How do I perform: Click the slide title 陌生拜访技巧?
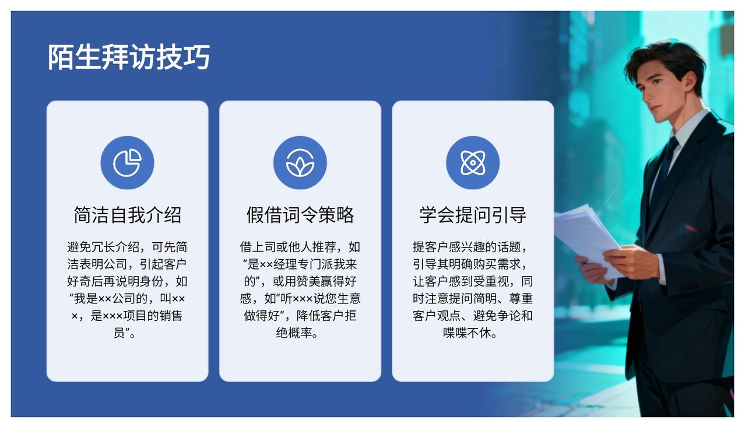(129, 57)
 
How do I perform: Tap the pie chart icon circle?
(128, 162)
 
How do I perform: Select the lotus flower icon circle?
(300, 162)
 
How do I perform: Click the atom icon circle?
(473, 162)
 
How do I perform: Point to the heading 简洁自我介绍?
(128, 215)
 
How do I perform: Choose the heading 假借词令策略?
(300, 215)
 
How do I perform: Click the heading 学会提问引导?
(473, 215)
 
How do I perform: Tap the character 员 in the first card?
(120, 333)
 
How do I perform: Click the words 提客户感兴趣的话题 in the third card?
(466, 247)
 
